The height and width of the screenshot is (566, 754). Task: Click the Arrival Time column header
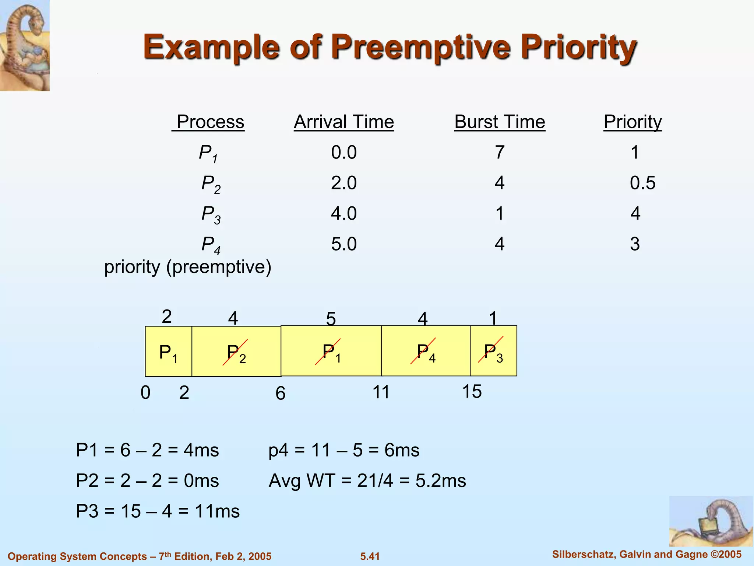point(344,122)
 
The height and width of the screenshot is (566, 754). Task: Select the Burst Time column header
point(500,122)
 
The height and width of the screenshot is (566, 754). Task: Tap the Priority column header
point(633,122)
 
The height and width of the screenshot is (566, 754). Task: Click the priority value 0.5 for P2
point(642,183)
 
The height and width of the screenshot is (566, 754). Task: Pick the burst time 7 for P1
point(500,152)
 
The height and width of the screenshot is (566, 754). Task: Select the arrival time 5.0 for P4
point(344,244)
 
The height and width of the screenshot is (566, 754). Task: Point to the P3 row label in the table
point(211,214)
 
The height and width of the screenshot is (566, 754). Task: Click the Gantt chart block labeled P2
point(236,352)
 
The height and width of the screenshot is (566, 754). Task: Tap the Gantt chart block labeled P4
point(426,351)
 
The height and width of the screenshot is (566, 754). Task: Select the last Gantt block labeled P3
point(493,351)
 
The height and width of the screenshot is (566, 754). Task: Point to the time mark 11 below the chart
point(381,392)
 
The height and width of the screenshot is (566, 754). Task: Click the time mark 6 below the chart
point(281,394)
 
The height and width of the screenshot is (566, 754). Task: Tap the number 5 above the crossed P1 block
point(331,319)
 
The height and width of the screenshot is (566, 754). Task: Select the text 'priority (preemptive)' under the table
point(188,267)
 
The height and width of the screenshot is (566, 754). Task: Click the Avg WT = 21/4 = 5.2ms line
point(367,481)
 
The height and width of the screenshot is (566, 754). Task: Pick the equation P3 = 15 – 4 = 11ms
point(158,511)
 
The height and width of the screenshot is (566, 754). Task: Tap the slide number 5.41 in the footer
point(370,556)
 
